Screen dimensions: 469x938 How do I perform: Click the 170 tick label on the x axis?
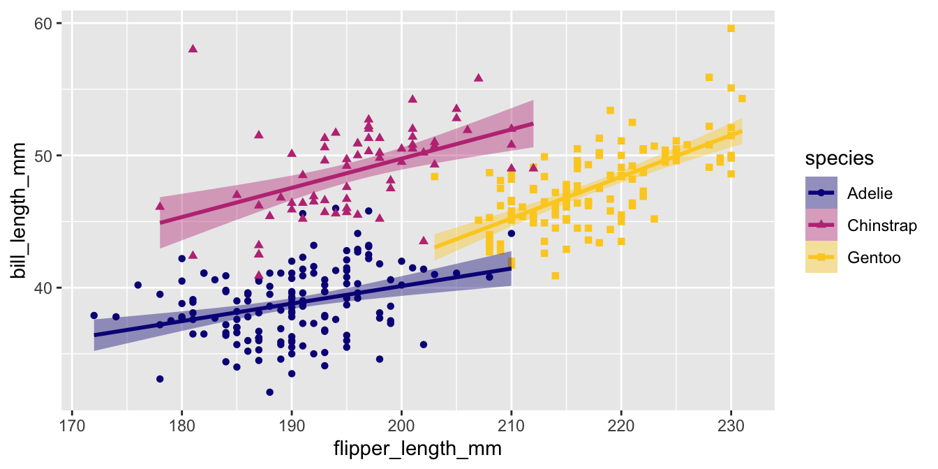[x=72, y=425]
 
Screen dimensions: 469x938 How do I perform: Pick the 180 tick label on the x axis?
[x=181, y=425]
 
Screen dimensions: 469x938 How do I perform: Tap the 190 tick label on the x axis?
[x=292, y=425]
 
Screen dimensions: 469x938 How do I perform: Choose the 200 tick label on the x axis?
[x=401, y=425]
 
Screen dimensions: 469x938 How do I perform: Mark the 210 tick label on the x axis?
[x=512, y=425]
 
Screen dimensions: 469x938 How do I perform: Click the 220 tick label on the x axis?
[x=621, y=425]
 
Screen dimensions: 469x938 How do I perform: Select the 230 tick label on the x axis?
[x=731, y=425]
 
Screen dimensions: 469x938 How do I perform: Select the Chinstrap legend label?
[x=881, y=225]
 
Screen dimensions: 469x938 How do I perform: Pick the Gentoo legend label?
[x=873, y=258]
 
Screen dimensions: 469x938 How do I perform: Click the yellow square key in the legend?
[x=821, y=258]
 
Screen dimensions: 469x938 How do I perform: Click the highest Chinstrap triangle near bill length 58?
[x=193, y=49]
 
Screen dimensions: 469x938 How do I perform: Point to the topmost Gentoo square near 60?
[x=731, y=29]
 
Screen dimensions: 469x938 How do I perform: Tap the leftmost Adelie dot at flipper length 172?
[x=94, y=315]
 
